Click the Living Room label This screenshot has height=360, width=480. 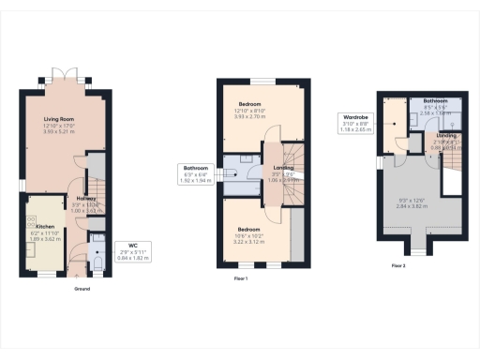point(65,119)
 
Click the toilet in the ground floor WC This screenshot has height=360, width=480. point(97,263)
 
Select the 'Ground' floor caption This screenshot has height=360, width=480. point(82,289)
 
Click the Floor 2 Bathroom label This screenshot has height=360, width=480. point(435,100)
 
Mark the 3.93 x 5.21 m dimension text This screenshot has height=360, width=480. point(65,132)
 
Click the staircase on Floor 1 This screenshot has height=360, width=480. point(292,183)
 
